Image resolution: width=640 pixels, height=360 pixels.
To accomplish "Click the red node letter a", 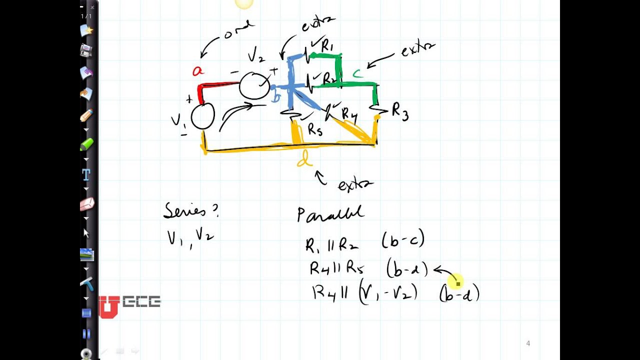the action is (x=198, y=71).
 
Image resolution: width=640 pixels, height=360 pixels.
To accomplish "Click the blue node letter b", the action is (x=275, y=97).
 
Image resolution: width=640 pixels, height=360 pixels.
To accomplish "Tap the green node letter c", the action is (x=357, y=74).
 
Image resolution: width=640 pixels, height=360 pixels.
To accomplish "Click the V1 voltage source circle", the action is (x=202, y=116).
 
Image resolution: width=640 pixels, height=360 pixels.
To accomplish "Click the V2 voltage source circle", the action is (x=254, y=86).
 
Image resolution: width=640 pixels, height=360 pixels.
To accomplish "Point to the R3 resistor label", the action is (x=400, y=111).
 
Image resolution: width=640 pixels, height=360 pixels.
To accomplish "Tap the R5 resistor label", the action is (x=315, y=130).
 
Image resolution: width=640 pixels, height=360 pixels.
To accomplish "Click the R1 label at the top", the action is (x=327, y=46).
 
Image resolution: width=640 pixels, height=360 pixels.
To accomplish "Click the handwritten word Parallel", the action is (x=330, y=214).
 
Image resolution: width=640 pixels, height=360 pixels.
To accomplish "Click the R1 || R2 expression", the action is (x=331, y=244).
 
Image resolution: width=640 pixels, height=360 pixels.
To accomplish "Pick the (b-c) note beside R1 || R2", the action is (x=403, y=240).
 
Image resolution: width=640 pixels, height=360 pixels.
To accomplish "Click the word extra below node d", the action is (x=355, y=185).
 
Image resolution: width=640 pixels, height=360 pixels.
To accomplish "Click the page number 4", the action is (x=528, y=343).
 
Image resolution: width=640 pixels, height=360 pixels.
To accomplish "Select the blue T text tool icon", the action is (x=86, y=174).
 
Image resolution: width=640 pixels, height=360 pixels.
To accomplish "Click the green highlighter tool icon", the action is (x=86, y=144).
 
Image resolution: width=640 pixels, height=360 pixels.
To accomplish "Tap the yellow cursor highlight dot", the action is (x=455, y=282).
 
